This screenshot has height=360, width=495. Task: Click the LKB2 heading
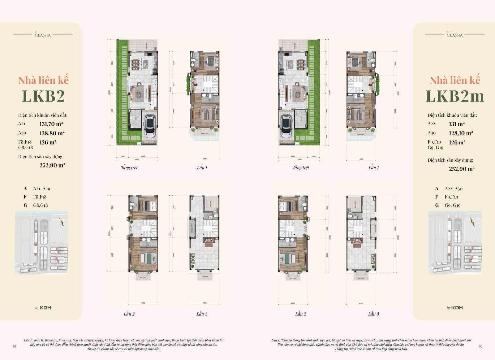pos(43,96)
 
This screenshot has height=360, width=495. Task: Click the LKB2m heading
pos(455,96)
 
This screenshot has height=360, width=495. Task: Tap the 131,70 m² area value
pos(51,124)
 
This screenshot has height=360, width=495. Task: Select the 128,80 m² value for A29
pos(52,133)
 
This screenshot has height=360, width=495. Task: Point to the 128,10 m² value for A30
pos(461,133)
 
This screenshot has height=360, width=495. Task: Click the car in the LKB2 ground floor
pos(150,126)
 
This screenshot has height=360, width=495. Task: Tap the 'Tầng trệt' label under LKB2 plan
pos(129,168)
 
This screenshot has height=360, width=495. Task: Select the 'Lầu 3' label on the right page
pos(373,314)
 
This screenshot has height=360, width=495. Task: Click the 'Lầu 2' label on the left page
pos(129,314)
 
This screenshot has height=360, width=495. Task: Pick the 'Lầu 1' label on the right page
pos(373,168)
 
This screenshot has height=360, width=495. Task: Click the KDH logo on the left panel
pos(43,308)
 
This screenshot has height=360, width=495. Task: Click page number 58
pos(14,346)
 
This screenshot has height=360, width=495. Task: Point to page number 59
pos(480,346)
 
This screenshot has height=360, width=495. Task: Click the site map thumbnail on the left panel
pos(41,242)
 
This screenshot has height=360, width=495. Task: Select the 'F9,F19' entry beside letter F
pos(451,197)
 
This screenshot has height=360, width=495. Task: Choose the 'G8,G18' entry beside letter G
pos(40,205)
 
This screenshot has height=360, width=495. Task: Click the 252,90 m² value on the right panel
pos(462,169)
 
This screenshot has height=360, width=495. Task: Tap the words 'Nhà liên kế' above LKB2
pos(43,80)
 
